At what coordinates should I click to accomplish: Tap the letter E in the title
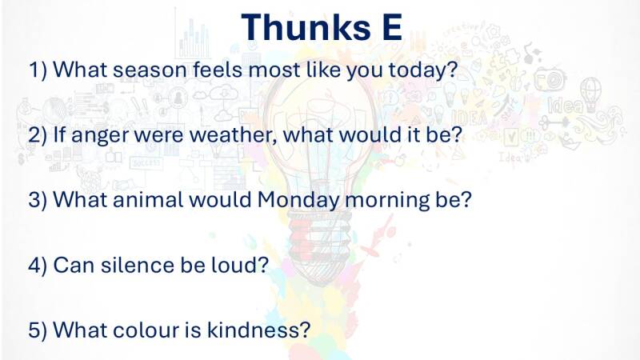pos(392,27)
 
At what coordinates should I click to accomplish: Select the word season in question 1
pos(150,70)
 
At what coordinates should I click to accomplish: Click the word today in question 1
pos(423,70)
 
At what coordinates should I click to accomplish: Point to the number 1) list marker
pos(38,70)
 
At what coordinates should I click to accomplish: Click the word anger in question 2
pos(99,135)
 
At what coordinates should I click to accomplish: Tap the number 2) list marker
pos(38,134)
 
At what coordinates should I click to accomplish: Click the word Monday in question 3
pos(298,201)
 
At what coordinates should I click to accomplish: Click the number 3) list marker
pos(38,200)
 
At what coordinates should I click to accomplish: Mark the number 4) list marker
pos(38,266)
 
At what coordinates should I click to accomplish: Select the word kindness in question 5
pos(258,330)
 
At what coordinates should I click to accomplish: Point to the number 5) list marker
pos(38,330)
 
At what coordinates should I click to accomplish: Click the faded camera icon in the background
pos(550,78)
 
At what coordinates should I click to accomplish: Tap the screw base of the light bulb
pos(319,235)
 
